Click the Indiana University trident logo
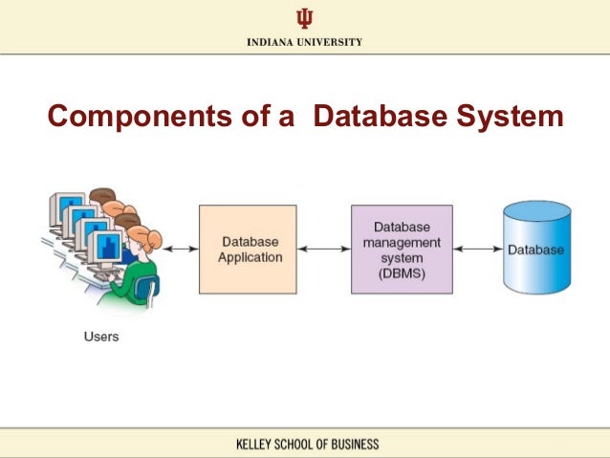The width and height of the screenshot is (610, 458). pos(304,19)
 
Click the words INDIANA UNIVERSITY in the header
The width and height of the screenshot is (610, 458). pos(304,42)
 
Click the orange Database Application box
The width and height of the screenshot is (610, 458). pos(248,249)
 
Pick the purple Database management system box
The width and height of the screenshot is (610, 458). pos(402,249)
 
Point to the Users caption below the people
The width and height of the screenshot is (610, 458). pos(100,337)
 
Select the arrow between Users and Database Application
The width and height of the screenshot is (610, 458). pos(179,250)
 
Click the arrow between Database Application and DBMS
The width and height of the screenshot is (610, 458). pos(323,250)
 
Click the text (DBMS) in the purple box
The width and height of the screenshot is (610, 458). pos(402,274)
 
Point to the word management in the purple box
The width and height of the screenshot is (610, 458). pos(402,243)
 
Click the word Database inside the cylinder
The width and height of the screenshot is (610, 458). pos(535,250)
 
